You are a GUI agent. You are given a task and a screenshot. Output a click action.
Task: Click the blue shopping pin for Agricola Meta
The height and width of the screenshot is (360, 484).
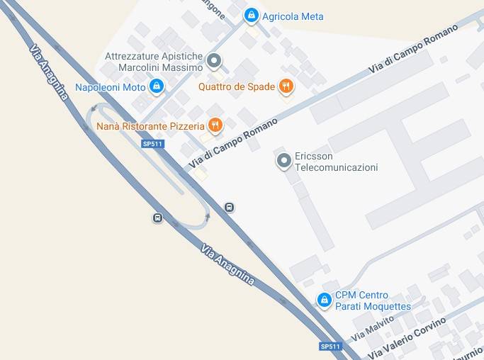click(x=251, y=15)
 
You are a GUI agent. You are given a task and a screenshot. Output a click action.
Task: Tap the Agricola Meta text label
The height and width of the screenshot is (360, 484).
click(x=293, y=16)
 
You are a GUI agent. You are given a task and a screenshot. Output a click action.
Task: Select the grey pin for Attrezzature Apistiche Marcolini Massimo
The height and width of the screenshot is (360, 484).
click(x=215, y=61)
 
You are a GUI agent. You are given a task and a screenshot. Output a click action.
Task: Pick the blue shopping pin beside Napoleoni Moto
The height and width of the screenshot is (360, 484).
click(x=157, y=87)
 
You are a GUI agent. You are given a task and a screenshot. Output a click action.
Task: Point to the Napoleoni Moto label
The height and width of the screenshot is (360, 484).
click(x=110, y=88)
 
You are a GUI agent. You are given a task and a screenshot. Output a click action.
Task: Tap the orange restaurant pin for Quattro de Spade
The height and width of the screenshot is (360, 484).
click(x=286, y=87)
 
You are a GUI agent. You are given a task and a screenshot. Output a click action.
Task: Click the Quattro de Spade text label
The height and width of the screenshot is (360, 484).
click(x=236, y=87)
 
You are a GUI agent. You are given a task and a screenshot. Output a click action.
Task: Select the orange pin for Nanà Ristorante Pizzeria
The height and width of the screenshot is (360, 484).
click(x=215, y=126)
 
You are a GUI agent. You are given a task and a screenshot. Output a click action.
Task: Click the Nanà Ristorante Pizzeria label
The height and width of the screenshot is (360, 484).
click(x=150, y=127)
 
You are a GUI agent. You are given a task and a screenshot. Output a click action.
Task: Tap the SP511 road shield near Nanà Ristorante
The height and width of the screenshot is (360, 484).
click(x=152, y=144)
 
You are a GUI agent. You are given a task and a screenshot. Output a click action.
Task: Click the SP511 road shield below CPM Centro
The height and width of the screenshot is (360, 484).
click(x=330, y=347)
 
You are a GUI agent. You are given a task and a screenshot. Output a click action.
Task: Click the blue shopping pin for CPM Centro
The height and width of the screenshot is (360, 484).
click(x=324, y=300)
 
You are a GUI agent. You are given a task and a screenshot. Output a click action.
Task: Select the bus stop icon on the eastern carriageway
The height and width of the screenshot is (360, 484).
click(x=229, y=207)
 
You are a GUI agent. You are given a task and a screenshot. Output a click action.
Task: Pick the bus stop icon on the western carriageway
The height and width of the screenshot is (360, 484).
click(x=157, y=218)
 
